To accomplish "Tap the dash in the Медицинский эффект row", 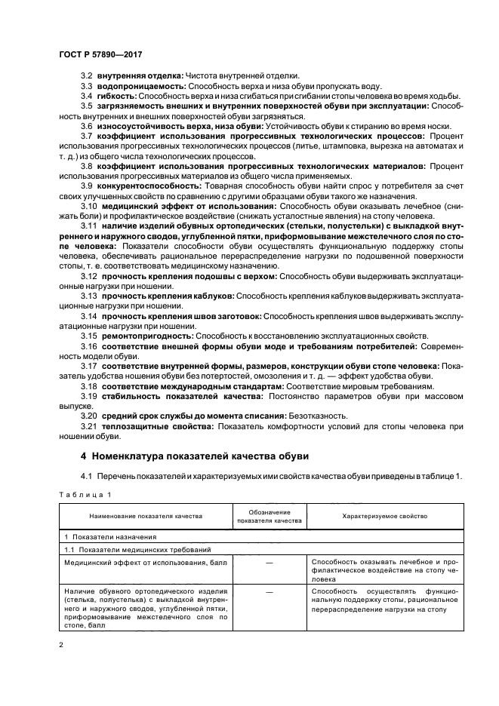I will tap(269, 563).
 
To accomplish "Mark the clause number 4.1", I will tap(86, 476).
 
